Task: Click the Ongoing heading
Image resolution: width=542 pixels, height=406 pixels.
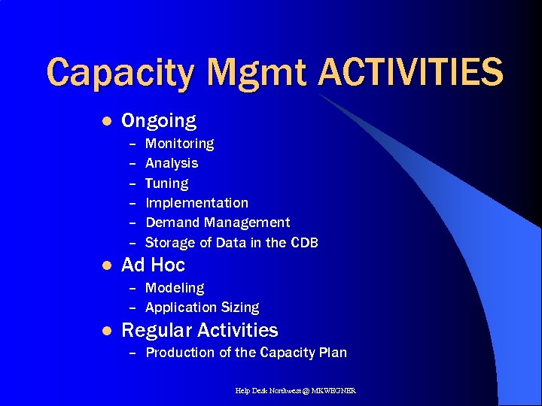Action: (158, 121)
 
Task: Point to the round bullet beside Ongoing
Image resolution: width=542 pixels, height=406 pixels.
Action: (107, 121)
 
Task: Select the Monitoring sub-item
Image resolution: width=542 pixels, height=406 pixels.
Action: (179, 143)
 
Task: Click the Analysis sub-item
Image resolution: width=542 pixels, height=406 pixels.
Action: (172, 163)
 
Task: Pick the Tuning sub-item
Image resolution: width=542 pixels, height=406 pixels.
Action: (166, 183)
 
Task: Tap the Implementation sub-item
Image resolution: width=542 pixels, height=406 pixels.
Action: (196, 203)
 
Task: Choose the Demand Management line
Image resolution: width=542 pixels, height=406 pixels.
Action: (217, 223)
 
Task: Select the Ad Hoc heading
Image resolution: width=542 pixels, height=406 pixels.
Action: (153, 265)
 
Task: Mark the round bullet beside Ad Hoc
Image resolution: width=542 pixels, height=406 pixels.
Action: (107, 265)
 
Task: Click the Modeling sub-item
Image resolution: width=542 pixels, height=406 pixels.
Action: (174, 288)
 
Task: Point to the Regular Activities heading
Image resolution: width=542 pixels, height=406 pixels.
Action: (199, 330)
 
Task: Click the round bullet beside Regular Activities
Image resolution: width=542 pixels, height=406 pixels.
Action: (107, 330)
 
